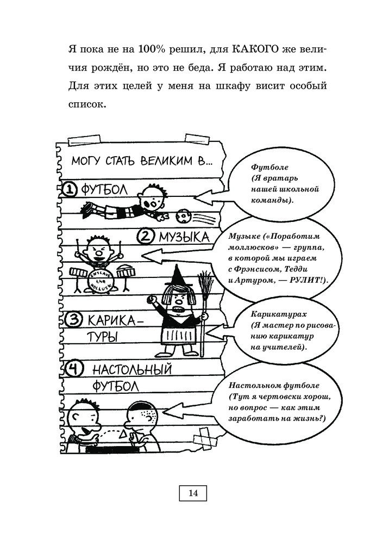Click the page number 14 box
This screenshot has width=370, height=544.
(x=193, y=493)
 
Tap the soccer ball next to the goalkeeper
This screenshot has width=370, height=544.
(x=182, y=216)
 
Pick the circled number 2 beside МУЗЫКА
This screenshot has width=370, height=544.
(x=147, y=236)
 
